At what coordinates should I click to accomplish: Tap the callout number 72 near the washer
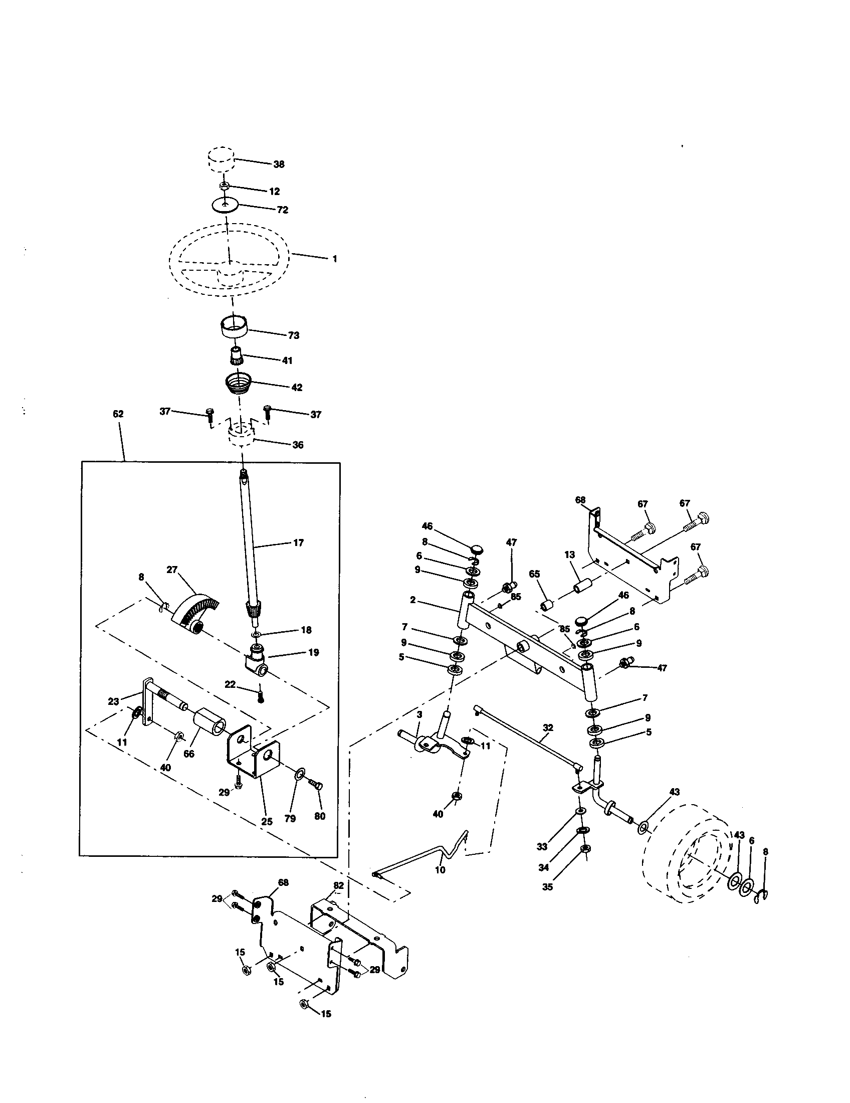pos(282,210)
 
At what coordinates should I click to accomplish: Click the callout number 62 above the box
pos(118,414)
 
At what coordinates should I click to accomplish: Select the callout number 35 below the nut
pos(548,887)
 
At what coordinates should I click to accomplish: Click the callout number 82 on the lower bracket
pos(339,885)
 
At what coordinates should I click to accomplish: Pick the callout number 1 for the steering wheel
pos(334,259)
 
